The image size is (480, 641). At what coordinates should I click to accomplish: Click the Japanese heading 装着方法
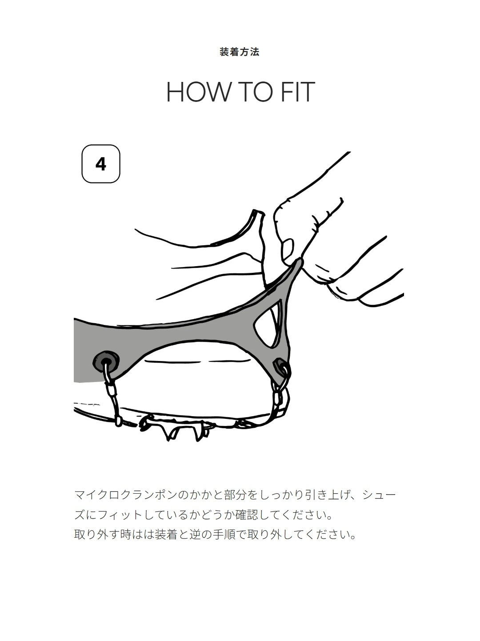[239, 52]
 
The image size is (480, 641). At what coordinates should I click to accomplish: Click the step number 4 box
[101, 164]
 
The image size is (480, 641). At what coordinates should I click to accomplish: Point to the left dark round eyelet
[106, 361]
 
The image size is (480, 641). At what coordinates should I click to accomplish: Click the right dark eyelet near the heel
[280, 367]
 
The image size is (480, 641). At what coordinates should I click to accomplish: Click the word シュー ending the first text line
[379, 495]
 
